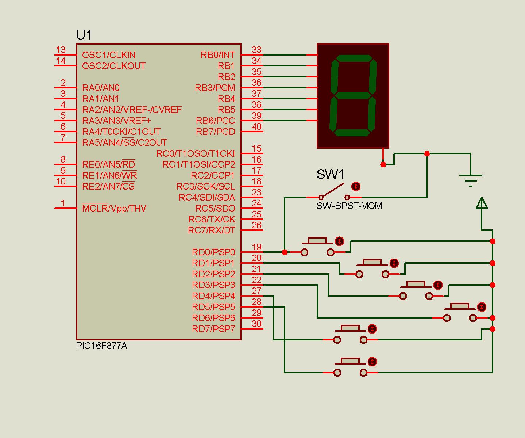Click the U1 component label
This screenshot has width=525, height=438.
point(84,35)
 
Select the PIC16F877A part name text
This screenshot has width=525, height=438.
point(101,346)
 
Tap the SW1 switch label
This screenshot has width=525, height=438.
point(330,174)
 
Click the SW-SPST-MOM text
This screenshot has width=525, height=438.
point(349,206)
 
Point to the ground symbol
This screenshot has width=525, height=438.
point(471,180)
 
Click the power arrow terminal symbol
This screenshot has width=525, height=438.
point(482,203)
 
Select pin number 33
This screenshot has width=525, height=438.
point(256,50)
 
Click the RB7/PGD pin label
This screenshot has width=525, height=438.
point(216,132)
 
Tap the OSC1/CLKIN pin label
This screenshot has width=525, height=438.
point(109,55)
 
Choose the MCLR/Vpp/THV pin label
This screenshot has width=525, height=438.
point(114,208)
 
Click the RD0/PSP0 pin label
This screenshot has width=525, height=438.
point(213,252)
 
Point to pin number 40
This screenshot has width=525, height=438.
point(256,126)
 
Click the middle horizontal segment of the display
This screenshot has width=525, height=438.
point(353,96)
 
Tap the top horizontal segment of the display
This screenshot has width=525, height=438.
point(354,58)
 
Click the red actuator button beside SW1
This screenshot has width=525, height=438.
point(356,187)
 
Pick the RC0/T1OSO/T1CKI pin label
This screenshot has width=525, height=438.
point(195,153)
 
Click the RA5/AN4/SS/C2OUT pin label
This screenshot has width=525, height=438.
point(124,142)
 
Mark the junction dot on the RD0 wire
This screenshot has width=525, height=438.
point(285,252)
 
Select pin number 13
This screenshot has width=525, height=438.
point(61,50)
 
